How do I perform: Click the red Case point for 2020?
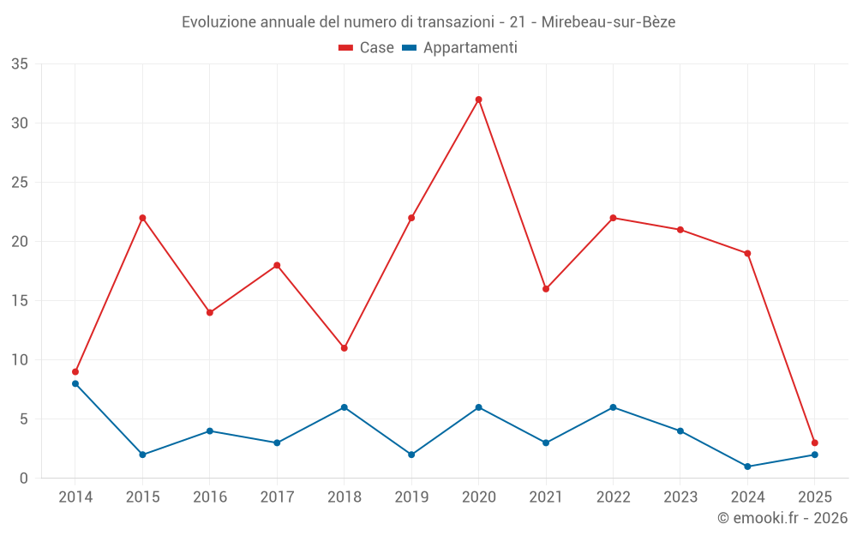point(478,99)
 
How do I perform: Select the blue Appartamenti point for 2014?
point(75,383)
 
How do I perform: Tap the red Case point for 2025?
point(814,443)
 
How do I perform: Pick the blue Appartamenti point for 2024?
point(747,467)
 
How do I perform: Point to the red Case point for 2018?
point(344,348)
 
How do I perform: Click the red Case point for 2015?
point(142,218)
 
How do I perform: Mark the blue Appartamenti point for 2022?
point(613,407)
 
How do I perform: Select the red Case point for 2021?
point(546,289)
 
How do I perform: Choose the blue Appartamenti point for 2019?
point(411,455)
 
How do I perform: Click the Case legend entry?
point(367,48)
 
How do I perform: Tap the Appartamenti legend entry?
point(460,48)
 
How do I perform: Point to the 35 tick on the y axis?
point(20,64)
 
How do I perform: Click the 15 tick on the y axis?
point(20,301)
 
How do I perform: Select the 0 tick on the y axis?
point(24,479)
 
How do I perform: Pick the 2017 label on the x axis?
point(277,497)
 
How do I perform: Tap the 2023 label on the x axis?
point(680,497)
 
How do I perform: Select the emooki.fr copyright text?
point(782,518)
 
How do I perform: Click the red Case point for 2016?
point(210,312)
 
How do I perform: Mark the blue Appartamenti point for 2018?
point(344,407)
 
